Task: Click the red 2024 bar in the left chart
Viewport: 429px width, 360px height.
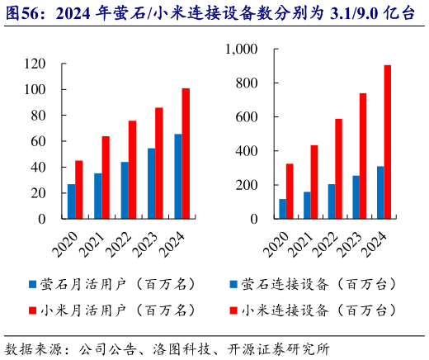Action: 186,154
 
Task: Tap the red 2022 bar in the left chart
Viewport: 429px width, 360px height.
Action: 132,170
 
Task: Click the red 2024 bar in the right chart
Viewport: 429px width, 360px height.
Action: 388,142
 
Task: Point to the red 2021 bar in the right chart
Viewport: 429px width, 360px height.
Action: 313,182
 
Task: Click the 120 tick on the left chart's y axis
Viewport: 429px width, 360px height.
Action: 35,64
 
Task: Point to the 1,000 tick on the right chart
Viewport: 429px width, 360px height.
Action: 241,50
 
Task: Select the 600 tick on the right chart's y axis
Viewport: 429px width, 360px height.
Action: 246,117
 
